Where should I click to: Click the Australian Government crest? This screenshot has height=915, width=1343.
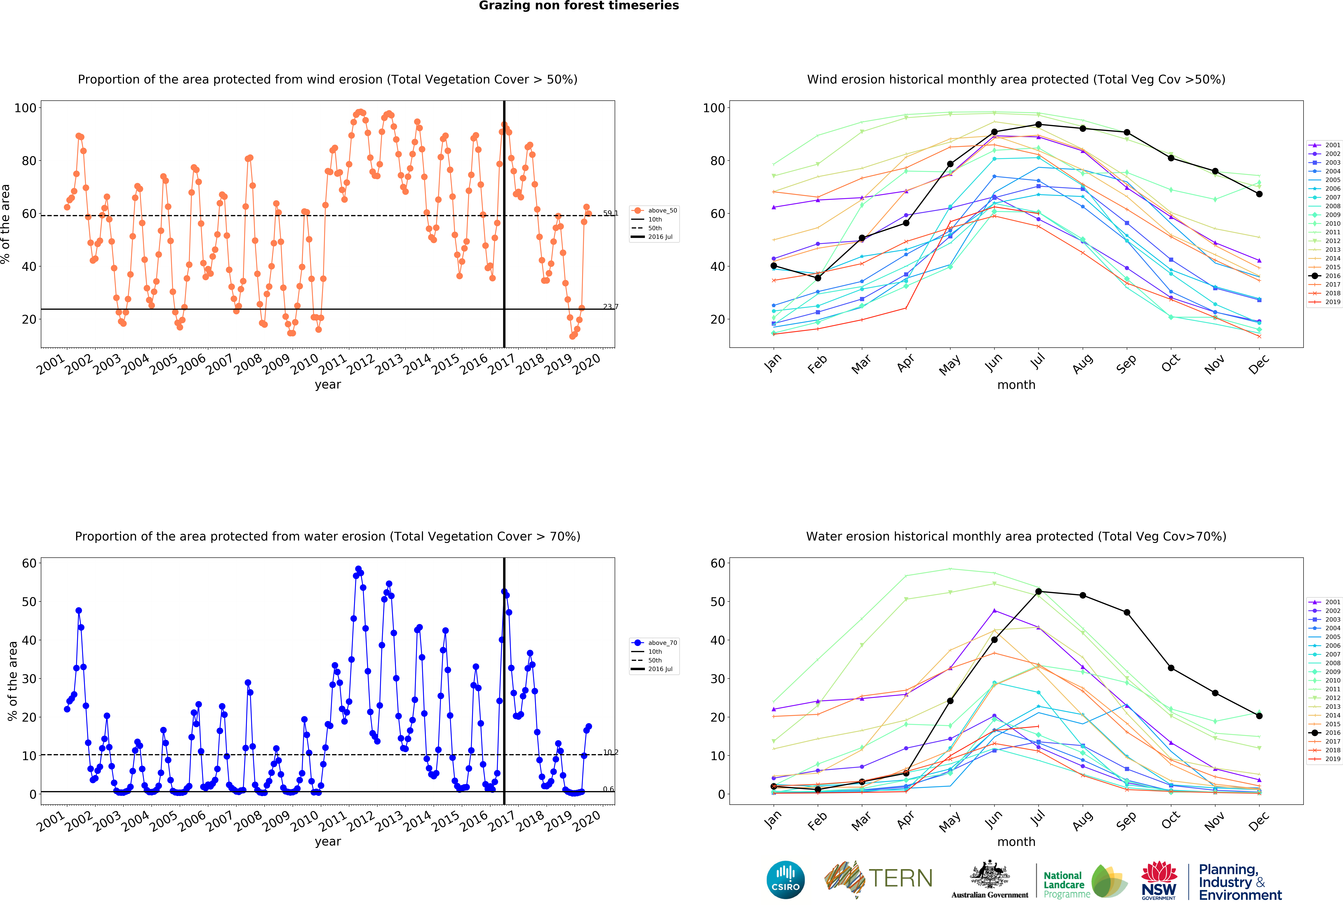coord(990,874)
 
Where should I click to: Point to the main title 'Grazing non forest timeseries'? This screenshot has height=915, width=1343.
coord(578,6)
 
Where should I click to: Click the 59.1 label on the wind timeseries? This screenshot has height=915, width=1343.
coord(610,213)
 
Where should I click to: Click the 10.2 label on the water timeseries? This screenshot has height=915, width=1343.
coord(610,752)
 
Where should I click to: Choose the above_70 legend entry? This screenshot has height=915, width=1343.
coord(655,642)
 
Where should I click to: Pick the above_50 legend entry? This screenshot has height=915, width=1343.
coord(655,210)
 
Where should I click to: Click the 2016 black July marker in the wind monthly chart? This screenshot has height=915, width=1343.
coord(1039,125)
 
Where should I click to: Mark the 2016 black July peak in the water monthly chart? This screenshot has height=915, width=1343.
coord(1039,592)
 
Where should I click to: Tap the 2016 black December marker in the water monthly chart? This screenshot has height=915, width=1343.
coord(1259,716)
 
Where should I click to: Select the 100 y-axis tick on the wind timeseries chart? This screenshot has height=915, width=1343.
coord(25,108)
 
